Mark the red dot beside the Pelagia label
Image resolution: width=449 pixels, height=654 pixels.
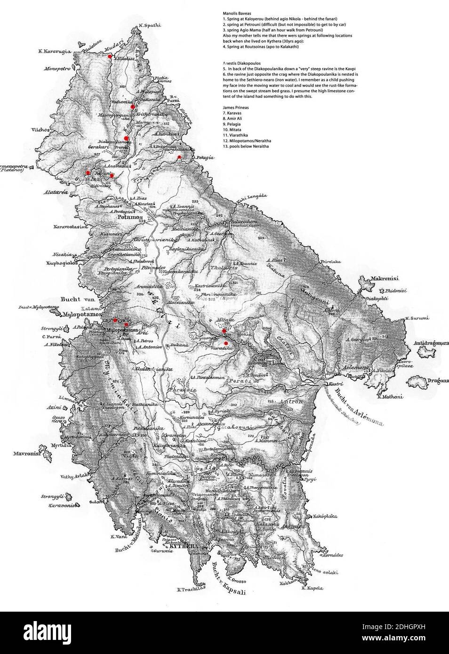179,157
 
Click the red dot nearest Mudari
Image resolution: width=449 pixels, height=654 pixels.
110,56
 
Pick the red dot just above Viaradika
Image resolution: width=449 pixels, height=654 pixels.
226,343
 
